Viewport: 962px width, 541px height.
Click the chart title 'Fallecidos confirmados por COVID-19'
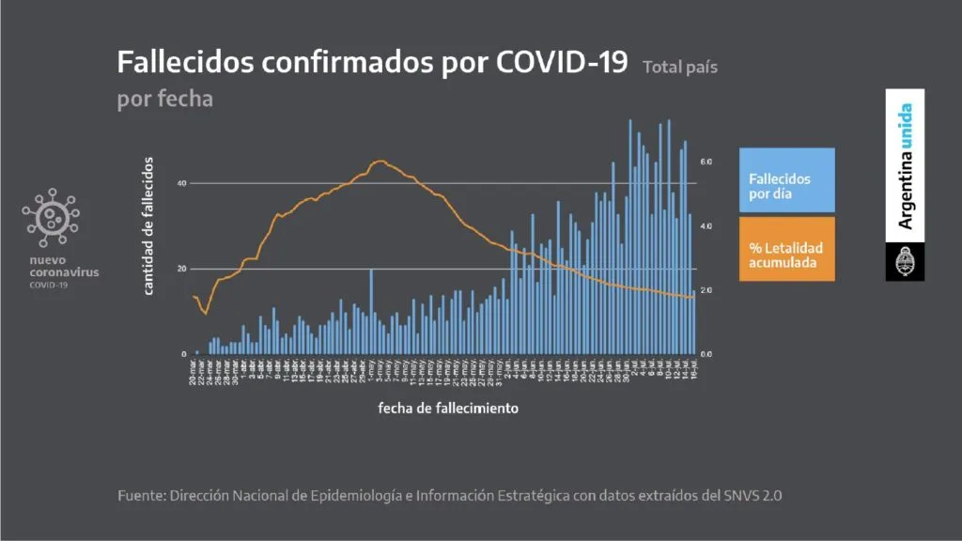[371, 62]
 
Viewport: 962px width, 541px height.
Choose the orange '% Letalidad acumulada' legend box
[786, 255]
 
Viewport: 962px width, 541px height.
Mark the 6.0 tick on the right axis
[706, 162]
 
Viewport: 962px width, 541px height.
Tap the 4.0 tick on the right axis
[706, 226]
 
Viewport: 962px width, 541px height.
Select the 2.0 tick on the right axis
[706, 290]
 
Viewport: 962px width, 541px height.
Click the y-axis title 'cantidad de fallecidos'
[148, 226]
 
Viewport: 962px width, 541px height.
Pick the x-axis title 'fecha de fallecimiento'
[448, 409]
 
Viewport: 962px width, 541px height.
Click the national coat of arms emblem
[905, 261]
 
